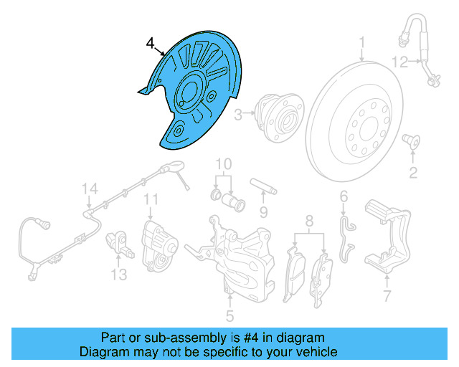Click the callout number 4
pos(150,44)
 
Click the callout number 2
pos(413,172)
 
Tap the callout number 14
pos(88,189)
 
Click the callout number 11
pos(151,198)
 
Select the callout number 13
pos(118,274)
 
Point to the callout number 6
pos(344,196)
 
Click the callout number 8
pos(310,220)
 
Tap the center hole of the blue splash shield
pos(188,92)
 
